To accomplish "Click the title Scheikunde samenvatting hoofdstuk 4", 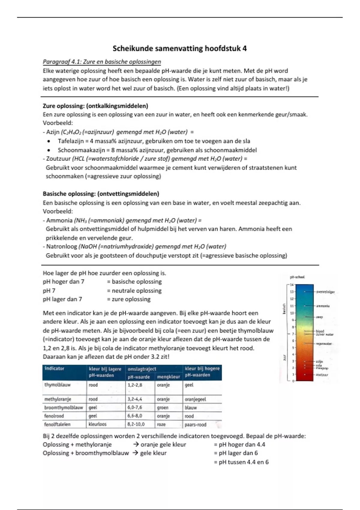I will tap(179, 49).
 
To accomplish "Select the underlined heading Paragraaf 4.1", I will tap(102, 62).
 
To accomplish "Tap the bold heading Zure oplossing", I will tap(95, 106).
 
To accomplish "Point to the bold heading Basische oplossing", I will tap(101, 194).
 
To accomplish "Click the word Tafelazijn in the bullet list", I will tap(71, 141).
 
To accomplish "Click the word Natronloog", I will tap(61, 247).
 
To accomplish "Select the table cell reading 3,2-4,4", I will tap(135, 399).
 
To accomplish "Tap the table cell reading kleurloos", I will tap(97, 424).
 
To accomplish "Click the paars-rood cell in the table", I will tap(195, 424).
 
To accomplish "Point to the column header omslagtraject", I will tap(142, 369).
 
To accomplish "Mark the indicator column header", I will tap(54, 368).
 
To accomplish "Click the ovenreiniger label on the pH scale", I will tap(325, 292).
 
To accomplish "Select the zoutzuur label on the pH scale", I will tap(322, 375).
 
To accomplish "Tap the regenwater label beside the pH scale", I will tap(324, 344).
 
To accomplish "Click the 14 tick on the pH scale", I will tap(292, 285).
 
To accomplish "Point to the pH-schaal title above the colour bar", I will tap(297, 277).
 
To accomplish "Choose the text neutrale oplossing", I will tap(136, 291).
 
